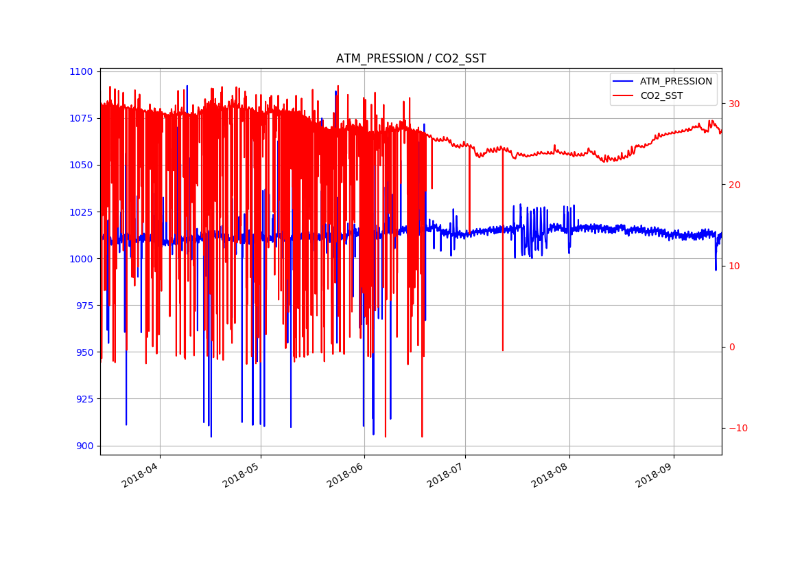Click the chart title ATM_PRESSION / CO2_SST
411,59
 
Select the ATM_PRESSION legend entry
676,81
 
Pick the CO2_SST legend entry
661,95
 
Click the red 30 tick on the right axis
733,104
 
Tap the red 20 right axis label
733,185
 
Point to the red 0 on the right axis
731,347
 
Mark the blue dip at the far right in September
716,268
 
